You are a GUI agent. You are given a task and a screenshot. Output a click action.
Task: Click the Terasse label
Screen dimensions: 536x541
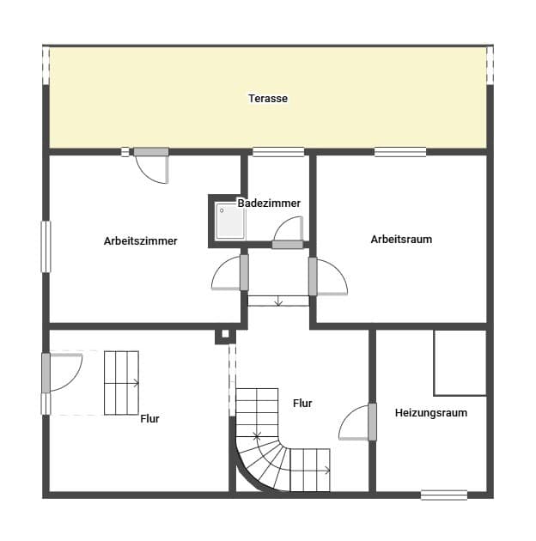[x=268, y=99]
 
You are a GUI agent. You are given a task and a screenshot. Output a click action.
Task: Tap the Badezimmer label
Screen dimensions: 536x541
[x=269, y=203]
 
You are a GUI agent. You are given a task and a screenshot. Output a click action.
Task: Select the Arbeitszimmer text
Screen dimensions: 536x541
[x=141, y=240]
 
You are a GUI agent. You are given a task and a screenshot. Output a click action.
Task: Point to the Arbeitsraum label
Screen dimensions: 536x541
[x=401, y=239]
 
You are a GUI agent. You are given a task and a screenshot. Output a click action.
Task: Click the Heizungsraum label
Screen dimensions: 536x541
[x=431, y=413]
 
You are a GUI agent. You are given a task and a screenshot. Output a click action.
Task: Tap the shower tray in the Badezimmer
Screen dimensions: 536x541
[x=230, y=222]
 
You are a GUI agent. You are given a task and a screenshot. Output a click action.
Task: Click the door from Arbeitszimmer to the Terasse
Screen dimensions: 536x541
[x=151, y=166]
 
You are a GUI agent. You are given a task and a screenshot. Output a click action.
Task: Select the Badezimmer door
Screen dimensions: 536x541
[x=289, y=233]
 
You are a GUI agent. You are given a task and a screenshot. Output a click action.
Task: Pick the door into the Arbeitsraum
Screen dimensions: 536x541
[x=328, y=277]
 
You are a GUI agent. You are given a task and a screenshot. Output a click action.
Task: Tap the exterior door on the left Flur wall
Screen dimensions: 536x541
[x=62, y=372]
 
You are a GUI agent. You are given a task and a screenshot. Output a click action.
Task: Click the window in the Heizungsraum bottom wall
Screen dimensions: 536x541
[x=444, y=495]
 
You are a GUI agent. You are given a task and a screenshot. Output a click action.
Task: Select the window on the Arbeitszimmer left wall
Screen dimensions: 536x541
[x=46, y=246]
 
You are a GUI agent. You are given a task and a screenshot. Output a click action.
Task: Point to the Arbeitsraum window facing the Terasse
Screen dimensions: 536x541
[x=400, y=152]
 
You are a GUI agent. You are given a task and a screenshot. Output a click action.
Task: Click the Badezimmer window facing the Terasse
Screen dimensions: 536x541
[x=278, y=152]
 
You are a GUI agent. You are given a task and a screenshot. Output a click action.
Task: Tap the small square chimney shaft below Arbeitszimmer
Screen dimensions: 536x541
[x=225, y=334]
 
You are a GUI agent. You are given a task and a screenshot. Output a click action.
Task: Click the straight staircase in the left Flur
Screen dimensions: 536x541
[x=121, y=383]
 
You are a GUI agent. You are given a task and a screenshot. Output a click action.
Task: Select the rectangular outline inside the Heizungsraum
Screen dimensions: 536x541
[x=460, y=363]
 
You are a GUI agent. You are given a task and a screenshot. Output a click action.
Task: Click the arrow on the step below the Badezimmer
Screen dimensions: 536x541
[x=278, y=301]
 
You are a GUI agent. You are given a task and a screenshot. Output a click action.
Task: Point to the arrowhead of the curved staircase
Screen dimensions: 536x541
[x=327, y=470]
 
